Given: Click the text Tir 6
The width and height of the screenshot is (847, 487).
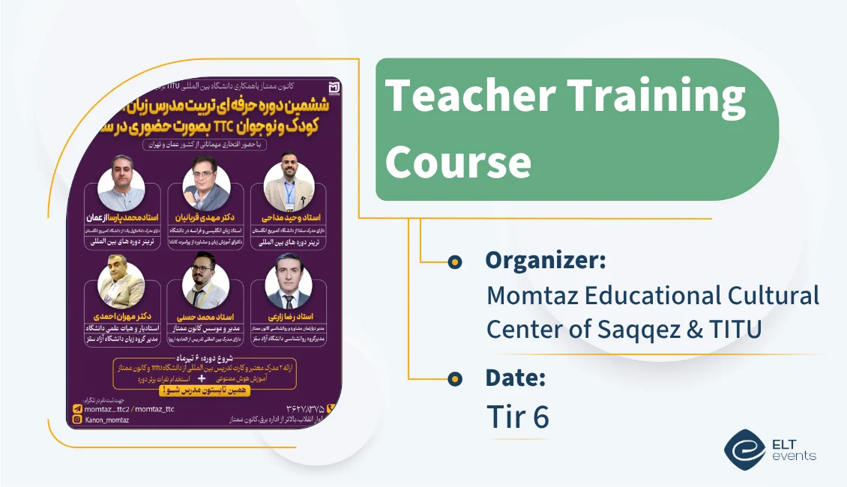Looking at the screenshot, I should coord(518,417).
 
